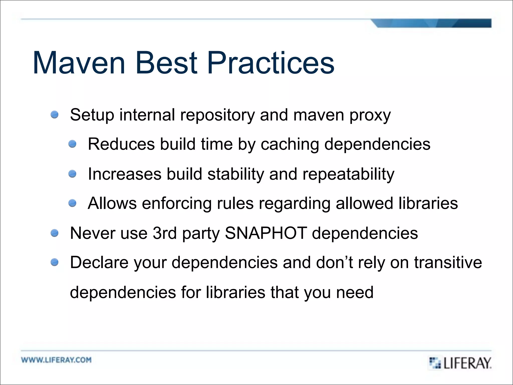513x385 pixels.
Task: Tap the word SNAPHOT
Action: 266,233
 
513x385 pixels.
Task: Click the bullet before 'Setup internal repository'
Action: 54,115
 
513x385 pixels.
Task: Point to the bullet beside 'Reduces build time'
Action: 72,144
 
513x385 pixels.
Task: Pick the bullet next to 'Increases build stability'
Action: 72,173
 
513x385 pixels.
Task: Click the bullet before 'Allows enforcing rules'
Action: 72,203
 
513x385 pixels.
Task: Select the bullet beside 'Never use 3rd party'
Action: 54,233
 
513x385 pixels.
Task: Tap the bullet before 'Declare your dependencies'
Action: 54,262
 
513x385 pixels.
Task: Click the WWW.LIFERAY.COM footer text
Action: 56,360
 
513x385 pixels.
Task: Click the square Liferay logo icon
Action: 435,363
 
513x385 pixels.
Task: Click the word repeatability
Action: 348,174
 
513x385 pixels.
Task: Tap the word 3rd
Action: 165,233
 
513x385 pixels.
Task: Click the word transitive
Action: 448,262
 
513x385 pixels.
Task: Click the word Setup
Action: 92,115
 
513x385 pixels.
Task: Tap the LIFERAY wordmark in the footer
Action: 467,363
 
